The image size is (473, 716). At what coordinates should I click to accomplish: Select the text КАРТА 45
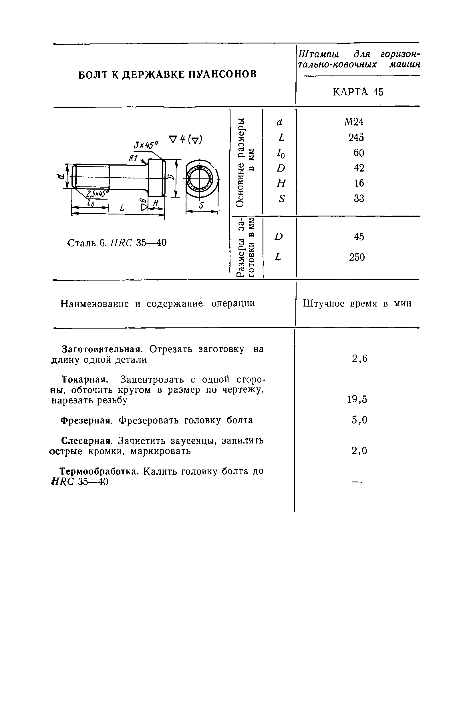358,92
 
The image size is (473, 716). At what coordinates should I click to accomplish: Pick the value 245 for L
356,138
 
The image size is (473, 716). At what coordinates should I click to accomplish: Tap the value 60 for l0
359,153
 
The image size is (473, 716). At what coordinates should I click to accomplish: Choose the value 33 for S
359,198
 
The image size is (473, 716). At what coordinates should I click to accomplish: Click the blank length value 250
357,257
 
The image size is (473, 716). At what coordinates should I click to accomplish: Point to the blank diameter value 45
359,237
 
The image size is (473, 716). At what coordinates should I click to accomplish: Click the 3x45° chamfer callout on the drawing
146,145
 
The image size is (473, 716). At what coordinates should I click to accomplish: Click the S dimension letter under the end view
202,205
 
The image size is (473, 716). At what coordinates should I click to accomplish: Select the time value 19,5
357,400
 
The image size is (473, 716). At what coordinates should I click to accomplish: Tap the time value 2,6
359,359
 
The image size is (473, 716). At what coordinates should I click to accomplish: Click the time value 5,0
359,420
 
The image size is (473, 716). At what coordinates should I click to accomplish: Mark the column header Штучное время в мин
357,303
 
